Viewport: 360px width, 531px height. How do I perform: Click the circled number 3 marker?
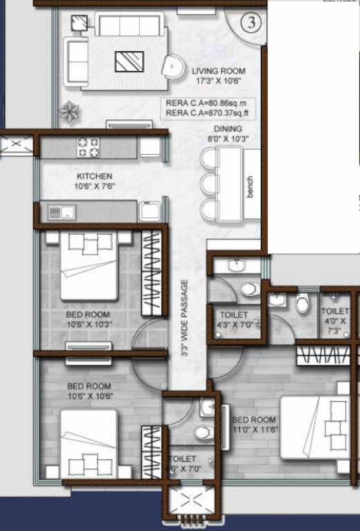click(x=252, y=22)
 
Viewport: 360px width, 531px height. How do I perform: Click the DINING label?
click(x=228, y=133)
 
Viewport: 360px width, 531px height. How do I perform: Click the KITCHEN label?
click(x=94, y=181)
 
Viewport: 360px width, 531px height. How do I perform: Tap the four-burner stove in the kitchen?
click(x=88, y=147)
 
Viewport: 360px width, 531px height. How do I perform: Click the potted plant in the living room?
click(x=70, y=110)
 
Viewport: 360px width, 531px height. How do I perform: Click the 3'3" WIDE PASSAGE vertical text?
click(x=184, y=317)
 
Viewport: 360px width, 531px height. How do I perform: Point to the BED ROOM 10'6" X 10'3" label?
click(x=89, y=319)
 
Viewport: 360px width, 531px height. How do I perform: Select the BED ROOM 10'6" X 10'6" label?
click(x=89, y=391)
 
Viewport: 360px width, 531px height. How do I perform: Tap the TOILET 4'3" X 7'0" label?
click(x=233, y=319)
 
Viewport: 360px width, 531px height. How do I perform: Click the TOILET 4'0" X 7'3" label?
click(x=335, y=319)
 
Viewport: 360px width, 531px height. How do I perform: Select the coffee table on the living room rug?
click(x=129, y=62)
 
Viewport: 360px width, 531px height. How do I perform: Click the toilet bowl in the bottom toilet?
click(x=202, y=433)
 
